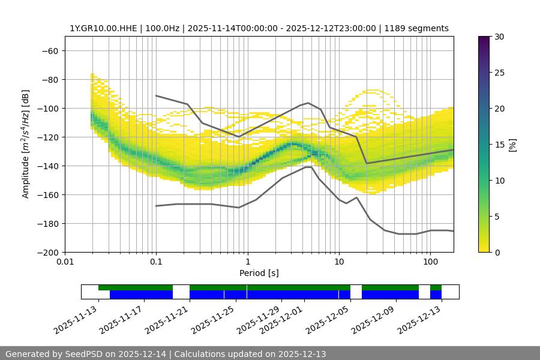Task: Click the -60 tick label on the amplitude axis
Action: tap(50, 50)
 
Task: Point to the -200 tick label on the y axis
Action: tap(47, 252)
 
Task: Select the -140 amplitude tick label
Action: tap(47, 166)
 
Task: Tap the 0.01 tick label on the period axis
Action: tap(65, 262)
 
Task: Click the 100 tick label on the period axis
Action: tap(430, 262)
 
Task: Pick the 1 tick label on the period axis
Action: tap(247, 262)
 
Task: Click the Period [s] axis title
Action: tap(259, 273)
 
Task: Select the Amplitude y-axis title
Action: tap(26, 144)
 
